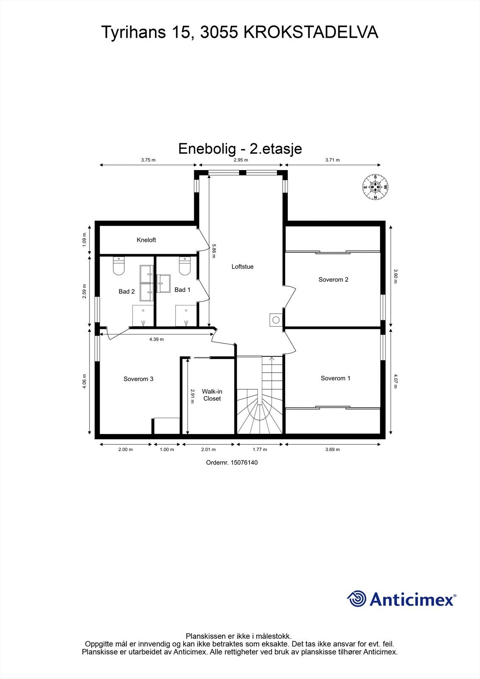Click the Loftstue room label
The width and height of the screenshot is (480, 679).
pyautogui.click(x=242, y=267)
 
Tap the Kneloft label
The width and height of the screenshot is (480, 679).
pyautogui.click(x=146, y=240)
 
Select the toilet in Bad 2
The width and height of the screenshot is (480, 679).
pyautogui.click(x=118, y=266)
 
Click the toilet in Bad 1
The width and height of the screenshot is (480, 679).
pyautogui.click(x=185, y=266)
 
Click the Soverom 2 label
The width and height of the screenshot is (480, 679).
pyautogui.click(x=333, y=280)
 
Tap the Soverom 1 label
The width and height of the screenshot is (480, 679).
pyautogui.click(x=335, y=378)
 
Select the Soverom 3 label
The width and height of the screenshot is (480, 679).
pyautogui.click(x=138, y=379)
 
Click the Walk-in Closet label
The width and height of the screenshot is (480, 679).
pyautogui.click(x=212, y=395)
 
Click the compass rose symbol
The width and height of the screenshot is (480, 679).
pyautogui.click(x=375, y=187)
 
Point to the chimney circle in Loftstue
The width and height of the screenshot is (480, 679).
pyautogui.click(x=276, y=320)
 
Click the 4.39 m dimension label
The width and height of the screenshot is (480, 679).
pyautogui.click(x=157, y=339)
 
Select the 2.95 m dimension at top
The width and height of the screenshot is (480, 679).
pyautogui.click(x=241, y=160)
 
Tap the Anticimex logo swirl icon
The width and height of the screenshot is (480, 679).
pyautogui.click(x=357, y=599)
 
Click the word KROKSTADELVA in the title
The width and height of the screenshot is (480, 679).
pyautogui.click(x=311, y=32)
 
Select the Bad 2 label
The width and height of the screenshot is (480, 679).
pyautogui.click(x=126, y=292)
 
